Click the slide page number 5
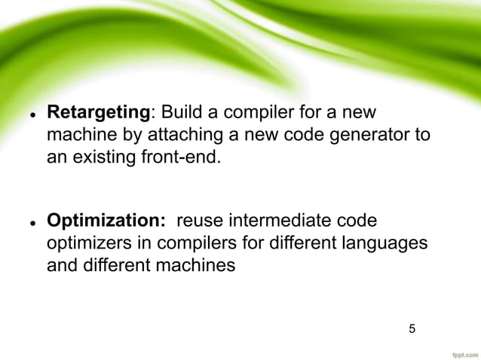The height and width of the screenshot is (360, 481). click(412, 328)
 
